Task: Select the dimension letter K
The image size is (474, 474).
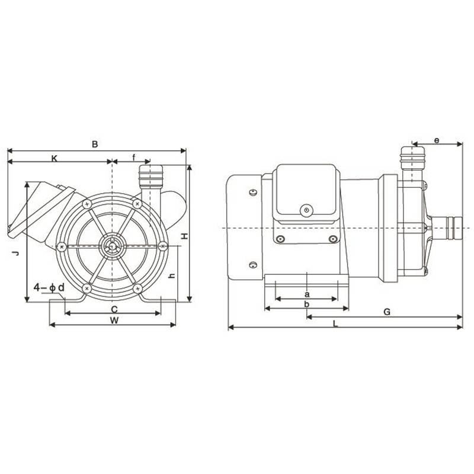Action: click(55, 158)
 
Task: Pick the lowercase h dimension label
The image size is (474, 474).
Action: click(171, 276)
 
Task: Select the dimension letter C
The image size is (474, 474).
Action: click(114, 309)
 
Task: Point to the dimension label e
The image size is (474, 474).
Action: click(437, 140)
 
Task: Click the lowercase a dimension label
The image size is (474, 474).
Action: click(306, 294)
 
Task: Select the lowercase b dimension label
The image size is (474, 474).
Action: click(306, 304)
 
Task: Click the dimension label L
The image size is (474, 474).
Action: click(335, 323)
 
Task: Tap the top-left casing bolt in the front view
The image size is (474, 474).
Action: click(87, 204)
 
